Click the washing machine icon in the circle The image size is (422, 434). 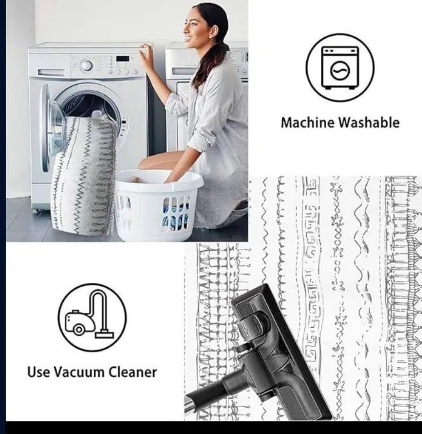click(x=339, y=68)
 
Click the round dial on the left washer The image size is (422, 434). click(x=86, y=65)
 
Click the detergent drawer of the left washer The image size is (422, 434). click(x=51, y=73)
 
